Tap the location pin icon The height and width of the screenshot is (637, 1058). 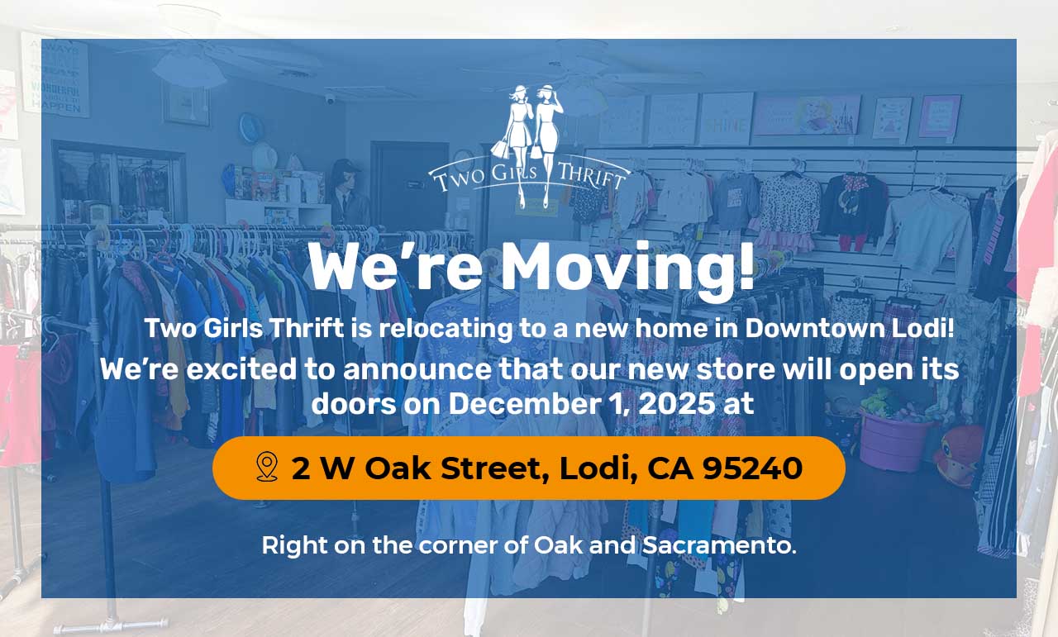click(x=267, y=467)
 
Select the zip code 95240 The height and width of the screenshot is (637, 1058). click(x=752, y=468)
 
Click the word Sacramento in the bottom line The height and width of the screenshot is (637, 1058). click(x=719, y=545)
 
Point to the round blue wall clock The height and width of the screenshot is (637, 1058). click(x=250, y=127)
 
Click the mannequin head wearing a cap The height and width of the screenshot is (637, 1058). click(x=345, y=177)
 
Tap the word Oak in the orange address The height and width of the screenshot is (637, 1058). click(x=398, y=468)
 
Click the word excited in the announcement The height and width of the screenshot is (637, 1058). click(x=241, y=368)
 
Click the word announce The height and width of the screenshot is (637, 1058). click(x=417, y=369)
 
